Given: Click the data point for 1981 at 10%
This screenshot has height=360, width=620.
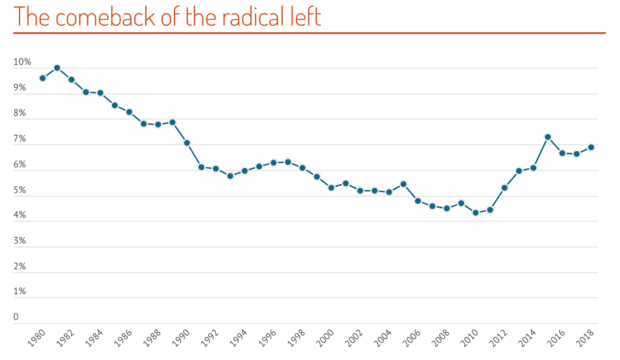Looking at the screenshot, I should [x=57, y=68].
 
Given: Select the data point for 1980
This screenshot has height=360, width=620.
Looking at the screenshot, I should [x=43, y=78].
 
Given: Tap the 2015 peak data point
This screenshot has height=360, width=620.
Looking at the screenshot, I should [x=548, y=137].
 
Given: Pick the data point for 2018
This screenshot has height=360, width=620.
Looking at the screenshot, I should [x=591, y=147].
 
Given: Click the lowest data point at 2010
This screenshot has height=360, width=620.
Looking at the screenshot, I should [x=476, y=213].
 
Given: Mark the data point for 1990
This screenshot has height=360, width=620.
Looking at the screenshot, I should [x=187, y=143].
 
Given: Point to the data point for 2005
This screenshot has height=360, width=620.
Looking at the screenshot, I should [x=403, y=184].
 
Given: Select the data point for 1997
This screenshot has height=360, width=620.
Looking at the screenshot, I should [x=288, y=162].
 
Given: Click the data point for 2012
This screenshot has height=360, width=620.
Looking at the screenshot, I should [x=505, y=188].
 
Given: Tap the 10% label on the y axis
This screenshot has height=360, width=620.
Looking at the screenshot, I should [x=22, y=62].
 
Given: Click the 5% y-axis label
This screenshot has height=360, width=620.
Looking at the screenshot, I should [x=20, y=190].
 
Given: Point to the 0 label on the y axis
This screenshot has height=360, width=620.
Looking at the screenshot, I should [x=16, y=317].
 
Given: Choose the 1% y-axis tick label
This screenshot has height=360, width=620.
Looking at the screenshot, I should [x=20, y=291].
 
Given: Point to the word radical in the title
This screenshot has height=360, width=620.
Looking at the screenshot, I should [x=236, y=17].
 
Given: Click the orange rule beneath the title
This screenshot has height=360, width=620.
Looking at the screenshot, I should [x=309, y=33].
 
